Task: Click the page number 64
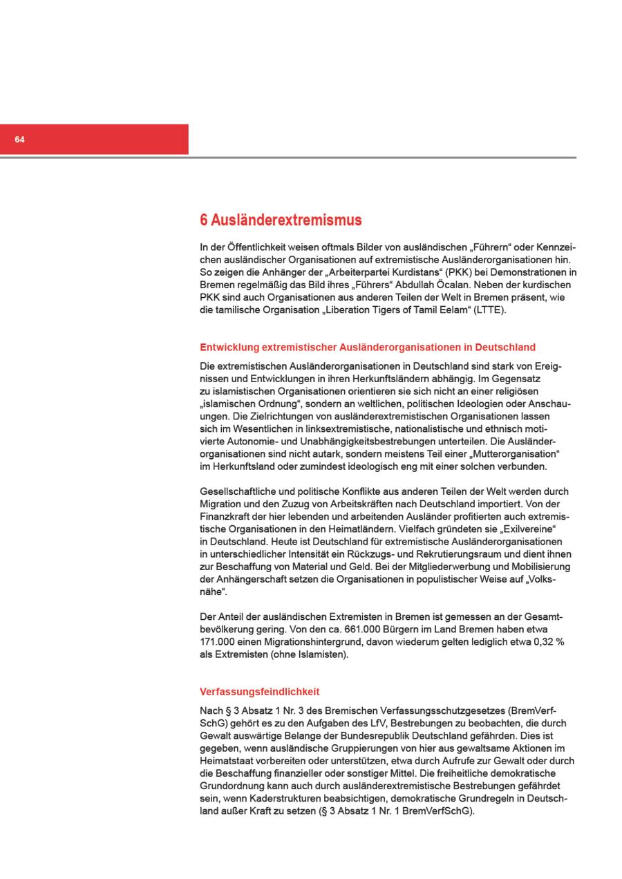[19, 140]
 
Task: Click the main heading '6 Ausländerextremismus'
[281, 220]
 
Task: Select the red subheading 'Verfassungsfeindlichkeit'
[259, 692]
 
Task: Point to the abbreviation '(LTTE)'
[490, 310]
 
